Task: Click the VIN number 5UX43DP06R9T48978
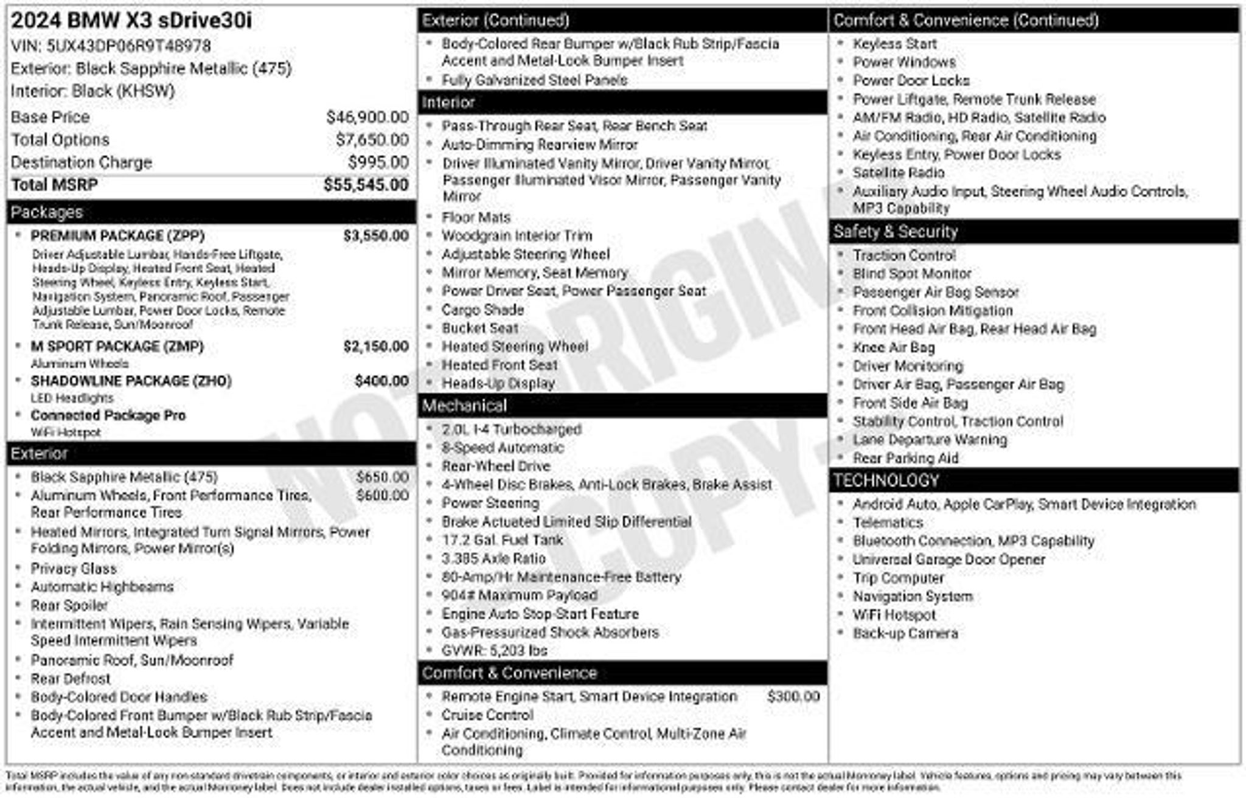pyautogui.click(x=128, y=46)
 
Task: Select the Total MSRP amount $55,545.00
pyautogui.click(x=366, y=185)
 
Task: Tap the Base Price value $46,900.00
pyautogui.click(x=367, y=117)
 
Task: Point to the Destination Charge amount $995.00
pyautogui.click(x=378, y=162)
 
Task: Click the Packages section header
pyautogui.click(x=47, y=212)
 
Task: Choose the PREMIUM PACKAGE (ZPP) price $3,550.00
pyautogui.click(x=375, y=236)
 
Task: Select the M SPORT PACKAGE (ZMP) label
pyautogui.click(x=117, y=347)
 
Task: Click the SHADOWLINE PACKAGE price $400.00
pyautogui.click(x=381, y=381)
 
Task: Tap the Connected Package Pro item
pyautogui.click(x=108, y=415)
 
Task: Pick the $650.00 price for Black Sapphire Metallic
pyautogui.click(x=382, y=477)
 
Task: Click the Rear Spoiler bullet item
pyautogui.click(x=69, y=605)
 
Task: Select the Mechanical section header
pyautogui.click(x=464, y=406)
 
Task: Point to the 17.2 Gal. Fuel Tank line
pyautogui.click(x=502, y=540)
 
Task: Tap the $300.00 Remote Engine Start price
pyautogui.click(x=793, y=696)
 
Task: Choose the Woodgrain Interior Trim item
pyautogui.click(x=517, y=236)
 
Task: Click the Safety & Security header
pyautogui.click(x=896, y=232)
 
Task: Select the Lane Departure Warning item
pyautogui.click(x=930, y=440)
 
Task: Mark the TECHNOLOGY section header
pyautogui.click(x=886, y=481)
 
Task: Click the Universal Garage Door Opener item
pyautogui.click(x=948, y=560)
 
